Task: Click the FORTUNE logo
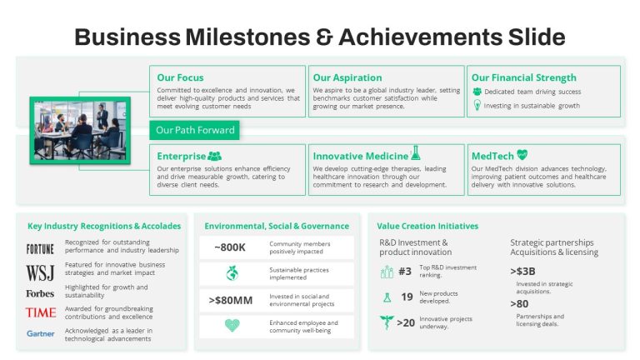(x=40, y=249)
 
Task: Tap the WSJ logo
(x=40, y=273)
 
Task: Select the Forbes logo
(x=40, y=293)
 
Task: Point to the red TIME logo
(x=41, y=312)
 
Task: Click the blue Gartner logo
(x=40, y=333)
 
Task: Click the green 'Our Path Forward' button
(x=195, y=130)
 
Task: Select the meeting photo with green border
(x=80, y=130)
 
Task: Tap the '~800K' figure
(x=230, y=247)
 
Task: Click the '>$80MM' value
(x=231, y=300)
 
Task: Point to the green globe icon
(x=232, y=273)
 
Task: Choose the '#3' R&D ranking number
(x=405, y=272)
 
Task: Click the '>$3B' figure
(x=522, y=272)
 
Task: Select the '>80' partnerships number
(x=519, y=304)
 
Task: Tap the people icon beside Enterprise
(x=215, y=156)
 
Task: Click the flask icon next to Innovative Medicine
(x=416, y=152)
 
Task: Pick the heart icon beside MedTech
(x=522, y=155)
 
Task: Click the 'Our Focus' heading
(x=180, y=77)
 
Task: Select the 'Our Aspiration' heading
(x=347, y=77)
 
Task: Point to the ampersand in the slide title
(x=324, y=37)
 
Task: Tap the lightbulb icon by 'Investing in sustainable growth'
(x=477, y=105)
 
